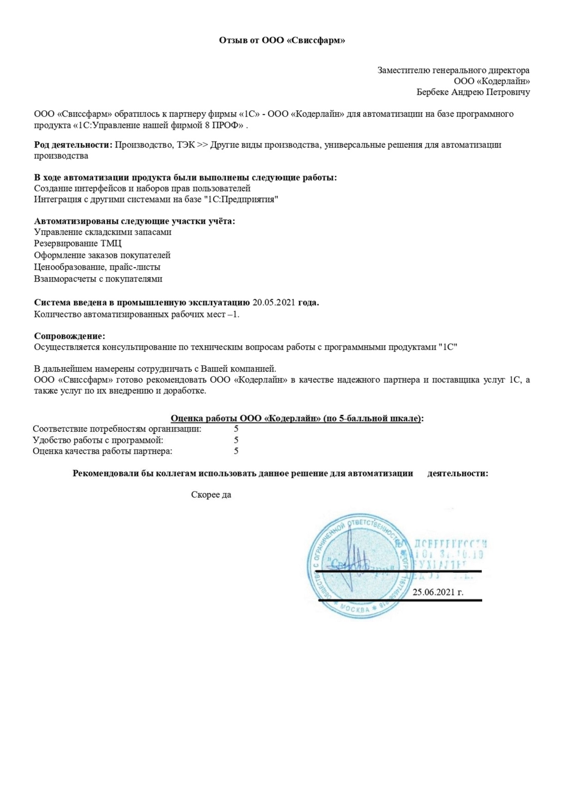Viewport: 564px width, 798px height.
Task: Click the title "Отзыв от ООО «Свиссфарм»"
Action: coord(282,41)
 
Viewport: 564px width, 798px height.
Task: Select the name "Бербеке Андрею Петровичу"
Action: coord(473,92)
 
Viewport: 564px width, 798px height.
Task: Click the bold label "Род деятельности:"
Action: coord(73,145)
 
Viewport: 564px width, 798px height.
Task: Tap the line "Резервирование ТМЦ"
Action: coord(78,244)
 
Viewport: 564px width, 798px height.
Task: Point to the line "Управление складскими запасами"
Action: coord(103,232)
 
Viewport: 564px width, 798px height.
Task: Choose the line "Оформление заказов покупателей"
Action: coord(102,255)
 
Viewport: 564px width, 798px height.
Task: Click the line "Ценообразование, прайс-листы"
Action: coord(97,267)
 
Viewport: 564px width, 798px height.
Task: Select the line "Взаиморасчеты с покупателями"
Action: coord(98,279)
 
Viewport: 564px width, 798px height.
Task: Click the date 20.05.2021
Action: coord(274,303)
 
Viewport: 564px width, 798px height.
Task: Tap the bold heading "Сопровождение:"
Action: coord(70,336)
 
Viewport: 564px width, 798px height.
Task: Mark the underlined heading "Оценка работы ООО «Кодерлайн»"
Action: coord(297,419)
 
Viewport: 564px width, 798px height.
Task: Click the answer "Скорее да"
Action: coord(211,495)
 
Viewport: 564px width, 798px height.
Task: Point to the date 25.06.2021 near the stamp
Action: coord(438,592)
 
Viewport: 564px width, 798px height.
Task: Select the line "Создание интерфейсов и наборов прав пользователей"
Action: coord(142,188)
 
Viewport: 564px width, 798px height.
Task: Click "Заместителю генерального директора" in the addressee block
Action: coord(453,70)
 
